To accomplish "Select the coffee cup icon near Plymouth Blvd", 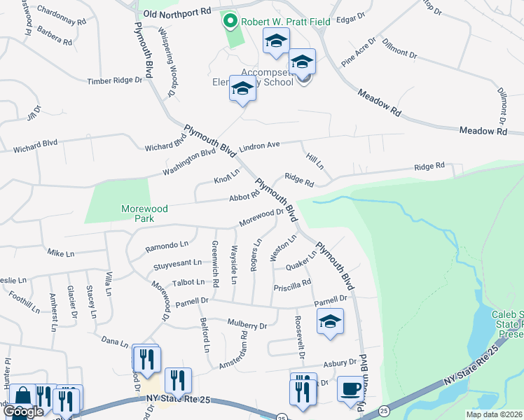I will [x=350, y=388].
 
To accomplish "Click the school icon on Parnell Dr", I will [x=330, y=321].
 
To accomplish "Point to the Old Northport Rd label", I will [x=176, y=13].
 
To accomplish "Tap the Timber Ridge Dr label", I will [x=114, y=81].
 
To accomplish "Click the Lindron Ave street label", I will [x=259, y=146].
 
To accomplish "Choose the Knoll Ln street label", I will [x=226, y=176].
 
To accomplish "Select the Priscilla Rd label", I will [x=292, y=284].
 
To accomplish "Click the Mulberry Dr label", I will [x=247, y=325].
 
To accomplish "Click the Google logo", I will [x=23, y=412].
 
